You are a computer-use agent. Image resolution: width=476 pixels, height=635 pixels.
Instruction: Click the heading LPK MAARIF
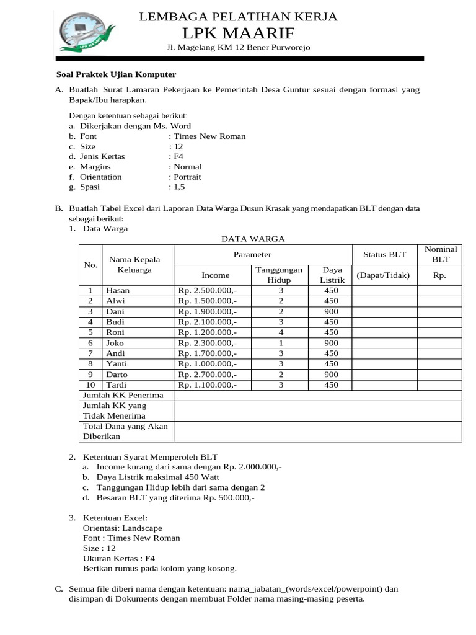click(x=239, y=32)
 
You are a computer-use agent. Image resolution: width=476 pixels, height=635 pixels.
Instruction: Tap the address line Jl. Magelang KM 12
click(x=239, y=48)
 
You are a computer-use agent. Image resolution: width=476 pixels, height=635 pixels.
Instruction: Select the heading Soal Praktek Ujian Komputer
click(x=113, y=74)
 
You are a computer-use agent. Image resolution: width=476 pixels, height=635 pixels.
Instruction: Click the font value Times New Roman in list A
click(x=209, y=136)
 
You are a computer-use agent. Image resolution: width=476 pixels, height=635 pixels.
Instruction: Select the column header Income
click(x=215, y=275)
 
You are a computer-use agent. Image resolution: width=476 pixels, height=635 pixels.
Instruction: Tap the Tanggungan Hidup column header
click(x=279, y=275)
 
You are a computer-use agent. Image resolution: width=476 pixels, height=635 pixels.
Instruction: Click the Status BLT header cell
click(x=384, y=254)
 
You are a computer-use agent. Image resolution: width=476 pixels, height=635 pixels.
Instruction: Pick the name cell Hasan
click(x=118, y=290)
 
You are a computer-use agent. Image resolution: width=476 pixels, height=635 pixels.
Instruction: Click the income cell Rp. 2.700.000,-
click(x=207, y=374)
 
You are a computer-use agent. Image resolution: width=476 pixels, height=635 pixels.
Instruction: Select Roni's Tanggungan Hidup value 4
click(x=280, y=332)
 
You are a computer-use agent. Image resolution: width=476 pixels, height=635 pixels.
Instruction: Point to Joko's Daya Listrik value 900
click(x=331, y=342)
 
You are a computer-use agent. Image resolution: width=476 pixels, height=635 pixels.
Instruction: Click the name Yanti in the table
click(x=117, y=363)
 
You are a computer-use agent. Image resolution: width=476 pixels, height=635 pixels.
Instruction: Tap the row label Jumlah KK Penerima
click(x=123, y=395)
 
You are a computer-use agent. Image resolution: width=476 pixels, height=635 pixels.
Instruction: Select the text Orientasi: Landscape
click(x=118, y=528)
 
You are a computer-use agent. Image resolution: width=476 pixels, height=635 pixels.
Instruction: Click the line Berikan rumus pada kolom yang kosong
click(x=159, y=567)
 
